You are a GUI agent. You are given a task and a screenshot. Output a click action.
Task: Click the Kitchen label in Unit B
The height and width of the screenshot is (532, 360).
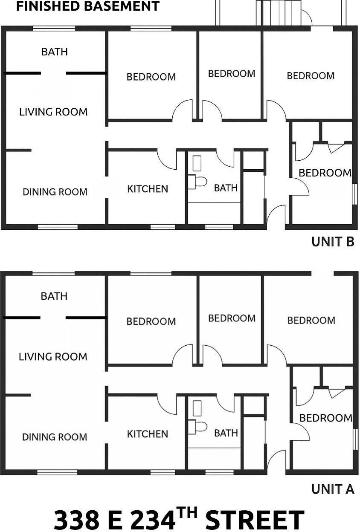[x=148, y=189]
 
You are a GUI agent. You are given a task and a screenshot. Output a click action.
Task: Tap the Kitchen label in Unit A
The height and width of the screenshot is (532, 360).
[x=148, y=434]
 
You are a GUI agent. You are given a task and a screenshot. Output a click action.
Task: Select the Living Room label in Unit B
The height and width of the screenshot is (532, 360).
[x=53, y=112]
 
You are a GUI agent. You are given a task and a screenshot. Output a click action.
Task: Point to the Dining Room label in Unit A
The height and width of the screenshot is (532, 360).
[x=55, y=437]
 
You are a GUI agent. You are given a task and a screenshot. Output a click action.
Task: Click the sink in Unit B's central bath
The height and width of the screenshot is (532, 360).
[x=197, y=163]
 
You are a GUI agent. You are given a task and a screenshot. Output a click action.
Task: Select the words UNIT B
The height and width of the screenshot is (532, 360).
[x=333, y=242]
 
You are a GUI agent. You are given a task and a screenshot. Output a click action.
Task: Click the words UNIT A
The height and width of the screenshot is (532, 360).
[x=333, y=489]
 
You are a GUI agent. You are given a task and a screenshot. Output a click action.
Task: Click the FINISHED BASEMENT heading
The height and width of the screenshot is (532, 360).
[x=88, y=6]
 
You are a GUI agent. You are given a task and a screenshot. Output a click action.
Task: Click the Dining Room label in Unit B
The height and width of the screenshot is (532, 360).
[x=55, y=192]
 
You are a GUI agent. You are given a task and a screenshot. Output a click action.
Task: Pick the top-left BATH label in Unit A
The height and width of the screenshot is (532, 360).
[x=54, y=296]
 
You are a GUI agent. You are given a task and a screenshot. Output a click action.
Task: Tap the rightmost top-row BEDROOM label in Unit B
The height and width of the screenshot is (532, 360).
[x=311, y=76]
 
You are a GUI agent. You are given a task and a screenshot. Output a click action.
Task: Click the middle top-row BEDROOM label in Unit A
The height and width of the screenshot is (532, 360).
[x=232, y=318]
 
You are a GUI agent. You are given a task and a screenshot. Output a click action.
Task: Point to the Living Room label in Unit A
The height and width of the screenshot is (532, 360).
[x=53, y=357]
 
